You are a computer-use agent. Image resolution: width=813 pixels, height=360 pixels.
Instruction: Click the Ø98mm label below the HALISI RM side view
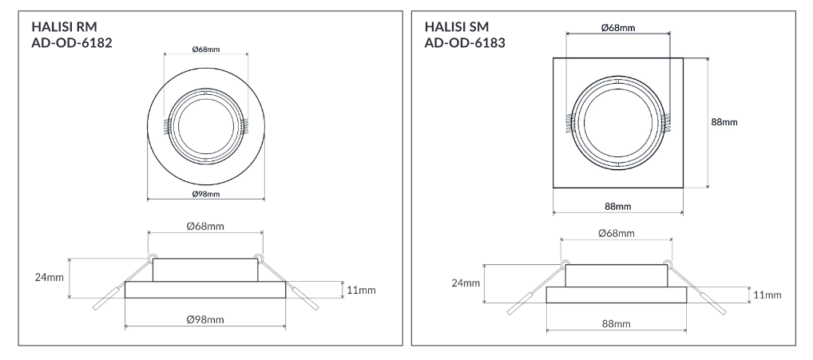pos(205,319)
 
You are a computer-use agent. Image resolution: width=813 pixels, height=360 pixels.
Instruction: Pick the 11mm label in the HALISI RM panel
pos(360,289)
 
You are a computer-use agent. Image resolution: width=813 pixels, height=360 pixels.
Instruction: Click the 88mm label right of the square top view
pos(724,122)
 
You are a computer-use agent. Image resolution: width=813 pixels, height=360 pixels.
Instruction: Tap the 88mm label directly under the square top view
pos(617,206)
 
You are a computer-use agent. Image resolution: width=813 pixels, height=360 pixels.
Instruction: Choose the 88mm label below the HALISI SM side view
pos(617,325)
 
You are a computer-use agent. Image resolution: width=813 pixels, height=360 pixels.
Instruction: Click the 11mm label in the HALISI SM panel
pos(766,295)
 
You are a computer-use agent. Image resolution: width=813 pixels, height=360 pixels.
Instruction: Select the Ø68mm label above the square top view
pos(617,28)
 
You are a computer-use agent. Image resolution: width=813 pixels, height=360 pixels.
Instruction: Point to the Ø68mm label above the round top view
pos(206,49)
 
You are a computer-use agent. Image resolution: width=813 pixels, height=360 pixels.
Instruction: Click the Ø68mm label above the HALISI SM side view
pos(617,233)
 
